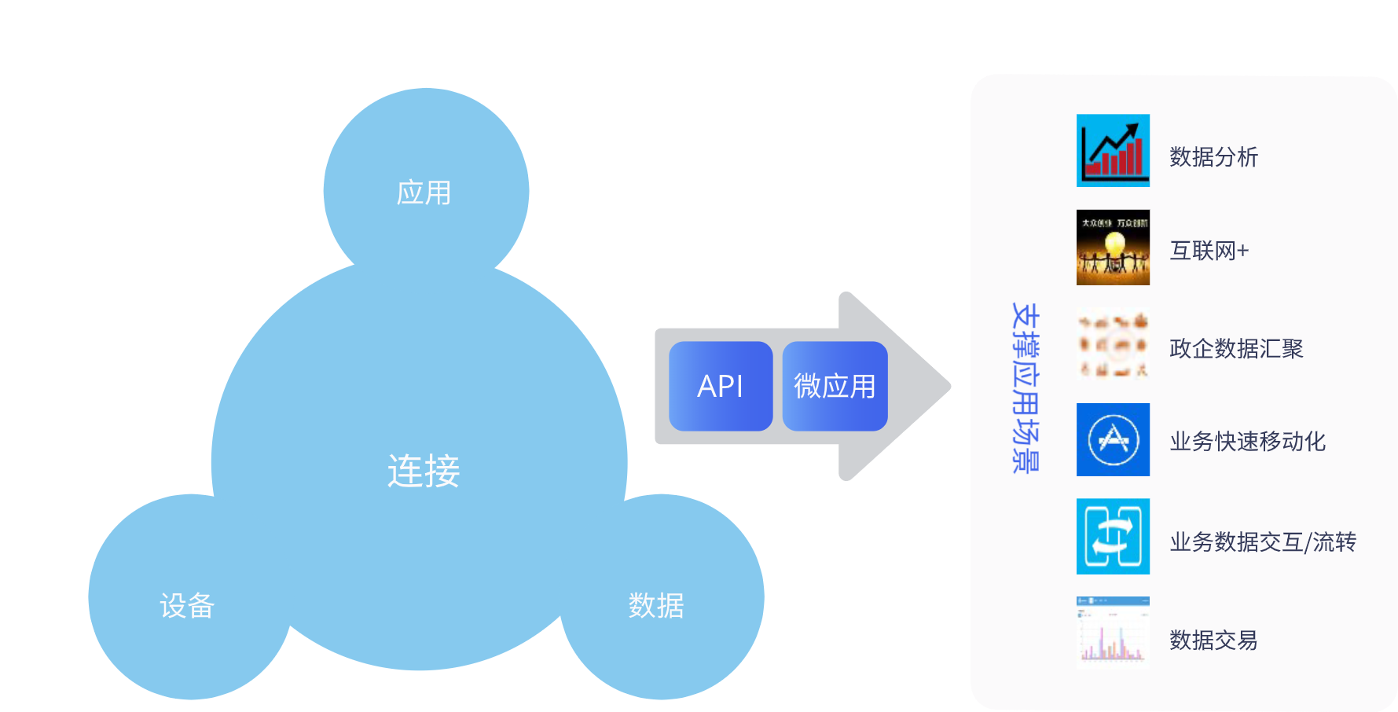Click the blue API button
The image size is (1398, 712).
(721, 386)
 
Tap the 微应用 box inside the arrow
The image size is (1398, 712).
(835, 386)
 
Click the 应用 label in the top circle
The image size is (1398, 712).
(424, 193)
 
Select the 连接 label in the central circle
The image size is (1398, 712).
(424, 471)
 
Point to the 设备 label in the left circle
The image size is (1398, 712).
(187, 605)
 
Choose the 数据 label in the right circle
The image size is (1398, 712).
(656, 605)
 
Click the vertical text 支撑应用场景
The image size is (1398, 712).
(1026, 387)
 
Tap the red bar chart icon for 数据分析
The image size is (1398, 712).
(1113, 150)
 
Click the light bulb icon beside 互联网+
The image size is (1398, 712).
(1113, 247)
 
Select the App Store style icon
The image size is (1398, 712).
(1113, 439)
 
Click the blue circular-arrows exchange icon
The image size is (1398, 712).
(1113, 536)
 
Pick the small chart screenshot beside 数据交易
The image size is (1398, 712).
(1113, 633)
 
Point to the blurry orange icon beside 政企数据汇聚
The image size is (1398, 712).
(1113, 344)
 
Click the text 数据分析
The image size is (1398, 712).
(1213, 156)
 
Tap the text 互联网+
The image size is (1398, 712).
(1209, 251)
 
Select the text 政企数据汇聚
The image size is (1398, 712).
(1236, 348)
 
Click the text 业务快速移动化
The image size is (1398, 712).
(1247, 442)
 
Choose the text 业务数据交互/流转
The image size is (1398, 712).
(1262, 541)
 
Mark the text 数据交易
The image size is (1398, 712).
(1213, 640)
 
